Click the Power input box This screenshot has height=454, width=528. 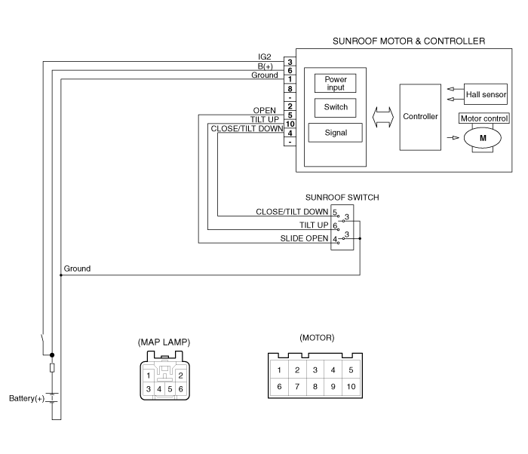click(335, 83)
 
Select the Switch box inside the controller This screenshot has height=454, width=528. click(335, 108)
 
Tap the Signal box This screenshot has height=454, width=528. click(336, 133)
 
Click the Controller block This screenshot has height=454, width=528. click(420, 117)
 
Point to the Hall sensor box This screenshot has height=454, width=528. click(486, 94)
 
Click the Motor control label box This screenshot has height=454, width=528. click(484, 118)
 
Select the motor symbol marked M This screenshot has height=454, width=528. click(483, 138)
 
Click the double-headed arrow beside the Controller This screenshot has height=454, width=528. click(383, 117)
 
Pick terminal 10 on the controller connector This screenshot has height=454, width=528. click(290, 124)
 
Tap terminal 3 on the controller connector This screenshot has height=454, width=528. click(290, 62)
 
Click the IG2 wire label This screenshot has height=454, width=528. click(264, 57)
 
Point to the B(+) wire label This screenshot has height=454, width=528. click(266, 66)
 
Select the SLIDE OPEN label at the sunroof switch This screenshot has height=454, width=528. click(304, 238)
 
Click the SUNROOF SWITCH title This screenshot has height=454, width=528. click(342, 198)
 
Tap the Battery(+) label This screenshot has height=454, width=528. click(26, 398)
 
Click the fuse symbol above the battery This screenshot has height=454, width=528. click(52, 368)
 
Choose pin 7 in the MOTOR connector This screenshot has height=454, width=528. click(297, 387)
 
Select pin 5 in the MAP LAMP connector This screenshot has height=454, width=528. click(170, 389)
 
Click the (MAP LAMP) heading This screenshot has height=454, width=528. click(164, 342)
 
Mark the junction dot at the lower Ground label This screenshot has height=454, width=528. click(61, 275)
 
